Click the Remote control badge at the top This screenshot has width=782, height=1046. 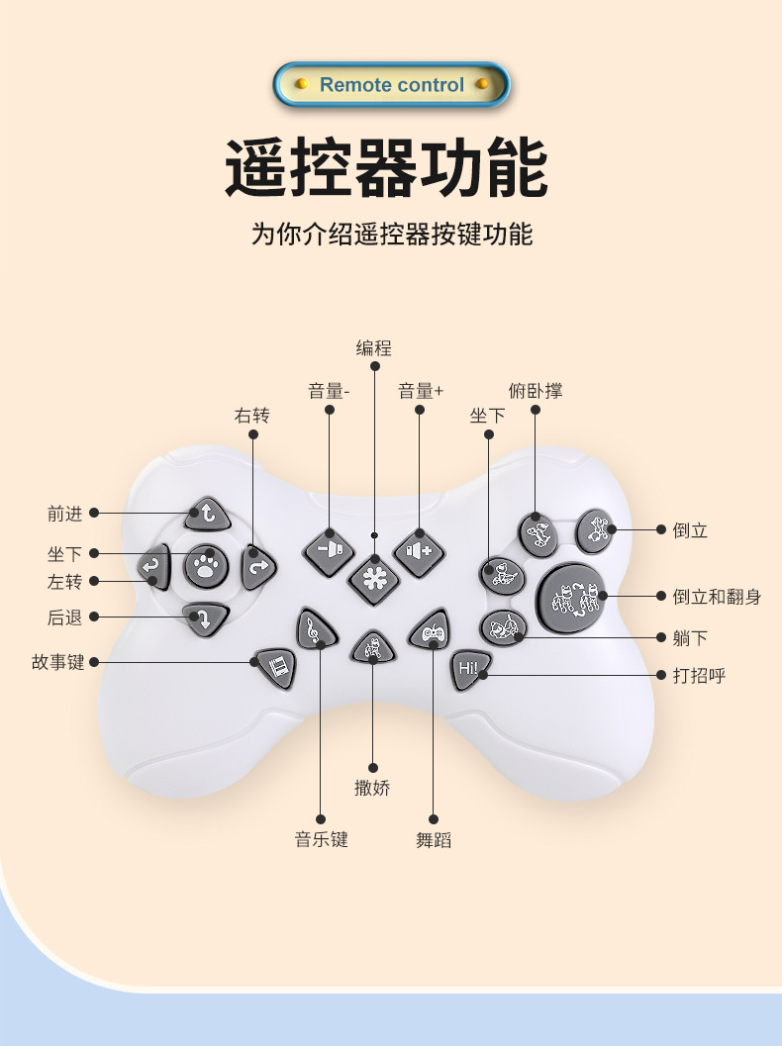(391, 85)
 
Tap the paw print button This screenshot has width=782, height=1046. (206, 566)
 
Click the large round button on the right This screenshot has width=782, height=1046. (571, 599)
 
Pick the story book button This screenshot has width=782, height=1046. (276, 668)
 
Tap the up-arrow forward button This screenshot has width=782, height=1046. (207, 514)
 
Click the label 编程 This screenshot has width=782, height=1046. (374, 348)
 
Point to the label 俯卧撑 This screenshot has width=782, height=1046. (536, 391)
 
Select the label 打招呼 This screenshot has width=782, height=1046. (699, 676)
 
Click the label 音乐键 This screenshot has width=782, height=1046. (321, 840)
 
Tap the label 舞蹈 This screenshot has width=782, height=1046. (434, 840)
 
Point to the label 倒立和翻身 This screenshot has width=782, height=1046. (720, 597)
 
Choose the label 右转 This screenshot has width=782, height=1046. (251, 416)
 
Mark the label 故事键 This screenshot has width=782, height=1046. (58, 662)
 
